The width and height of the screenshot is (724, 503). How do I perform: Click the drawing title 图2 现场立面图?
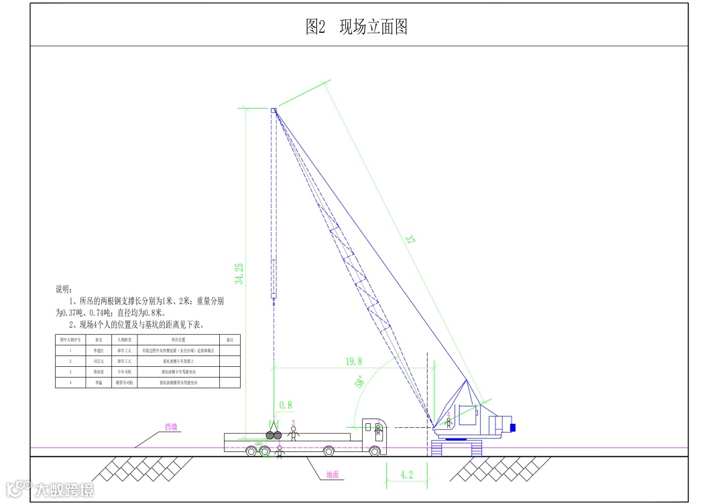pos(357,27)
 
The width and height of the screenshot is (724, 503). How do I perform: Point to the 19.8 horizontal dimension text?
pos(354,361)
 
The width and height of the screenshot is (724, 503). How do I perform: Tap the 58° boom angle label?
pos(360,382)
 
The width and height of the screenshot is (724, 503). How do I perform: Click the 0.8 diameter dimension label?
pos(286,405)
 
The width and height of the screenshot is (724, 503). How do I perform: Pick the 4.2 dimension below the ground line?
pos(406,475)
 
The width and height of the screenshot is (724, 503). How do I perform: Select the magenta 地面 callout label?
pos(333,475)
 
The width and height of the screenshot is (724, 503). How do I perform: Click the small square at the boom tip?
pos(274,110)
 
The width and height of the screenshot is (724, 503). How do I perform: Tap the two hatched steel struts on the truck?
pos(274,435)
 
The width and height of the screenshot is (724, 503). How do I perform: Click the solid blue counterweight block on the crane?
pos(513,427)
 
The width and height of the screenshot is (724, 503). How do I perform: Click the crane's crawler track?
pos(458,447)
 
